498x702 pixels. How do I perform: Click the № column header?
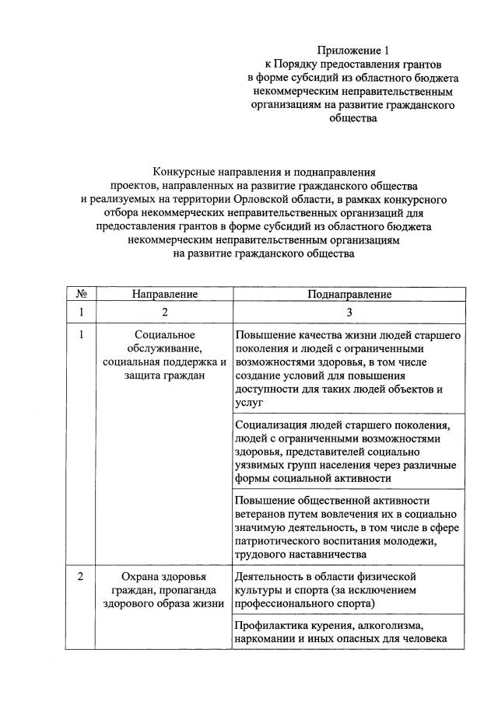pyautogui.click(x=81, y=295)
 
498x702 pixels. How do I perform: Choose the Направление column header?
pyautogui.click(x=164, y=295)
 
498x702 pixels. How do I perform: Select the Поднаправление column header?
pyautogui.click(x=349, y=295)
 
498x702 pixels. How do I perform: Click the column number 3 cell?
pyautogui.click(x=349, y=313)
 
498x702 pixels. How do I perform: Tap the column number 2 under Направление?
pyautogui.click(x=164, y=313)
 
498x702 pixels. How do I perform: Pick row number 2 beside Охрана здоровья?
pyautogui.click(x=81, y=577)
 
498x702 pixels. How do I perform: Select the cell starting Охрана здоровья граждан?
pyautogui.click(x=164, y=590)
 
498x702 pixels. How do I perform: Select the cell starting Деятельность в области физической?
pyautogui.click(x=349, y=590)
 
